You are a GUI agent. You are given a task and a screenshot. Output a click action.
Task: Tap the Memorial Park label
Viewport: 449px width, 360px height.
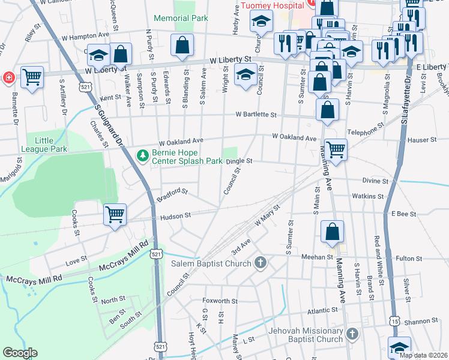point(181,19)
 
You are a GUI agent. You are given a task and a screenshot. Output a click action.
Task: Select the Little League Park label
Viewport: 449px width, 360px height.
point(50,145)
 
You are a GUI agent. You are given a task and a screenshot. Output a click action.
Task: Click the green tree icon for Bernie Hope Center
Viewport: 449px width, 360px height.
point(142,157)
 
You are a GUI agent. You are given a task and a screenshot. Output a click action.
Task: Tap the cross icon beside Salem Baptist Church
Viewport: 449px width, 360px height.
point(260,263)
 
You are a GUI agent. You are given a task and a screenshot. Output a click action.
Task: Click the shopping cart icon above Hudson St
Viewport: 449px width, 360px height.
point(115,214)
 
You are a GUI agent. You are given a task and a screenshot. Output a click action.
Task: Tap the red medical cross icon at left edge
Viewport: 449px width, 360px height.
point(8,77)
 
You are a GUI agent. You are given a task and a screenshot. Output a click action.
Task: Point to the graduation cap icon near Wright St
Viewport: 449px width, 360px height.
point(245,74)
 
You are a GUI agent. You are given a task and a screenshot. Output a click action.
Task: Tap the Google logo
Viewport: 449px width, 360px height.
point(19,353)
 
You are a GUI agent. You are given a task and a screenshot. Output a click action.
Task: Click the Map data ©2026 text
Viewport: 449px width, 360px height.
point(423,355)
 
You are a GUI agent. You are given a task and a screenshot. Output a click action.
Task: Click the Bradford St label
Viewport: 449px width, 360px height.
point(172,194)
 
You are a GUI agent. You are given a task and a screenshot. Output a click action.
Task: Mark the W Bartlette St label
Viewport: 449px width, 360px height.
point(256,114)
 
